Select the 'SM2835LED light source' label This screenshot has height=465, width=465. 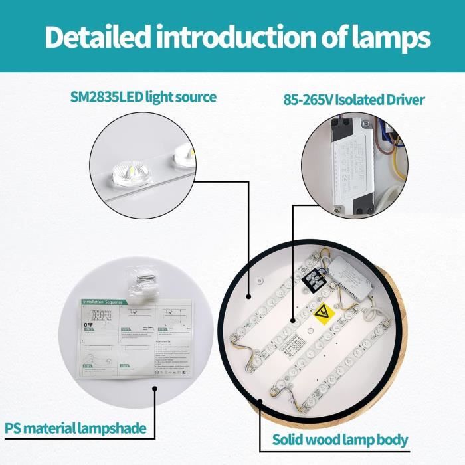143,97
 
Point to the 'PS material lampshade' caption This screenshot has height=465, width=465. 76,428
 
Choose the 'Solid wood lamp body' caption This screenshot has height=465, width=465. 341,439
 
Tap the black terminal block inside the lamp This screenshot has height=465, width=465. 312,284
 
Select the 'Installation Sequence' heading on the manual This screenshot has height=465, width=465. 103,302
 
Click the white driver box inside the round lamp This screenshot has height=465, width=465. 351,284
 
